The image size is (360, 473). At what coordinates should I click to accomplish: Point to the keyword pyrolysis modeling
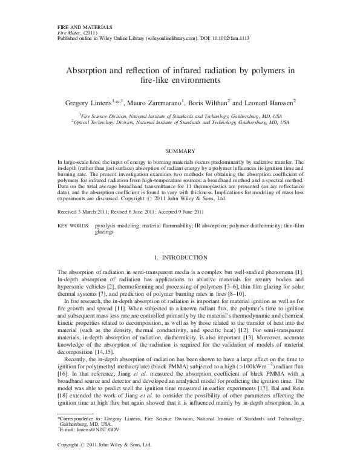[116, 207]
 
